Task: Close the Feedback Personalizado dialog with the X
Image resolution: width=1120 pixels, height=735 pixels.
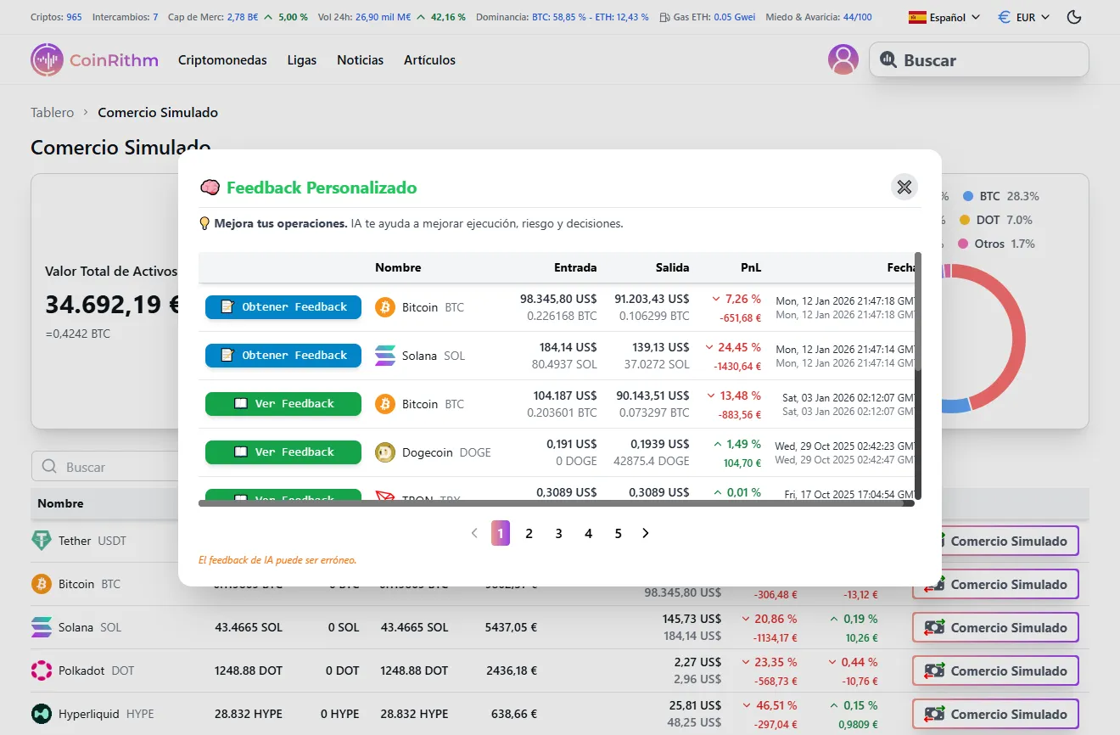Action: point(904,187)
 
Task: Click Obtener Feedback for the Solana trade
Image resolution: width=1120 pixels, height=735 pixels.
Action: point(283,356)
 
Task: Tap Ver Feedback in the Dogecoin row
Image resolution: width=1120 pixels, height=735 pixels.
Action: point(283,452)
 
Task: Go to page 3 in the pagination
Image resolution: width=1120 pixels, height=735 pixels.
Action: point(558,533)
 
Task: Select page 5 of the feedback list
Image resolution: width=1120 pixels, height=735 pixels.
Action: point(618,533)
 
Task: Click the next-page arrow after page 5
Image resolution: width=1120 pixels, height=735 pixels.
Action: point(646,533)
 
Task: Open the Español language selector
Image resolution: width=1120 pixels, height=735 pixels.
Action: point(944,17)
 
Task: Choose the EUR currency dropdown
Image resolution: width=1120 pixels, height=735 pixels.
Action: point(1024,17)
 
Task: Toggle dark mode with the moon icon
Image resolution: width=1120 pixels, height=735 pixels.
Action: point(1074,17)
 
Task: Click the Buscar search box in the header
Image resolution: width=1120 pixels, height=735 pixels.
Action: point(978,60)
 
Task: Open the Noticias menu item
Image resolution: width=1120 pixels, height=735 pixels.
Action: point(360,60)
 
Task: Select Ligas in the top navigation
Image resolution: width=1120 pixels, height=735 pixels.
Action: point(302,60)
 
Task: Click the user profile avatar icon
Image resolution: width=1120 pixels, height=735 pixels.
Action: point(843,59)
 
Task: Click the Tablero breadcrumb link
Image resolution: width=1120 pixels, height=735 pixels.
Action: point(53,112)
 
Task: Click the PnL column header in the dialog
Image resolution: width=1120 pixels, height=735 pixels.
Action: point(750,267)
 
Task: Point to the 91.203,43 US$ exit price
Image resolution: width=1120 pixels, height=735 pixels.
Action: point(652,299)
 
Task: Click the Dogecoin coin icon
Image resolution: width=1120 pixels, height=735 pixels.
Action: point(385,452)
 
